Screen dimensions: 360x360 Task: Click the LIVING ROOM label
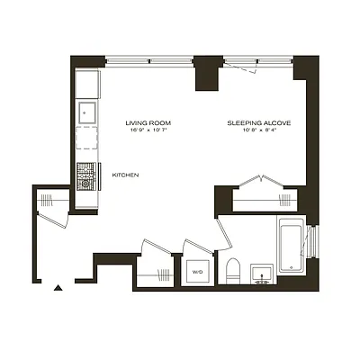148,121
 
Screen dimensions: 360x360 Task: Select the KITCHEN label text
124,174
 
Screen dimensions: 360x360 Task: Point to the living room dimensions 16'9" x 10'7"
148,130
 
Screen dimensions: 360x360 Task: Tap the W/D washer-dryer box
197,272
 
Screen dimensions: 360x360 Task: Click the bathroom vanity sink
263,272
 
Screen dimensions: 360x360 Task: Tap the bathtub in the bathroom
291,245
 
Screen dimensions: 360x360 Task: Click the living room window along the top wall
148,60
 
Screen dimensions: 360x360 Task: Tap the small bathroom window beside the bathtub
311,245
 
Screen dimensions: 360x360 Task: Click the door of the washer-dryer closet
196,246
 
